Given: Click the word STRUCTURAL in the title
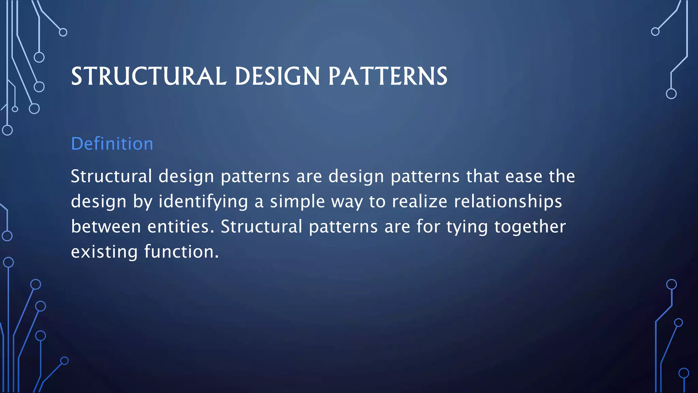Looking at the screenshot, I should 149,76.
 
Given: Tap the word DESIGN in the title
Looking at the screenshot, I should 277,76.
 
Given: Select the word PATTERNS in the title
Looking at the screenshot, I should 388,76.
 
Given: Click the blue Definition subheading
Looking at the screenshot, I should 112,144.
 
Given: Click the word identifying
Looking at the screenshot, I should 203,202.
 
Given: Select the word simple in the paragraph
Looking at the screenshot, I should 297,202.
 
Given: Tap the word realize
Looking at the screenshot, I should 419,202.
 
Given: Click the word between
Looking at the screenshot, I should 106,227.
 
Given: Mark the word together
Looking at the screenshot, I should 530,227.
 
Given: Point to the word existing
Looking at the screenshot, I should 104,252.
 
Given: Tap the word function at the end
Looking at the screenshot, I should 181,252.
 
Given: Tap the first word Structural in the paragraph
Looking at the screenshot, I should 111,176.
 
